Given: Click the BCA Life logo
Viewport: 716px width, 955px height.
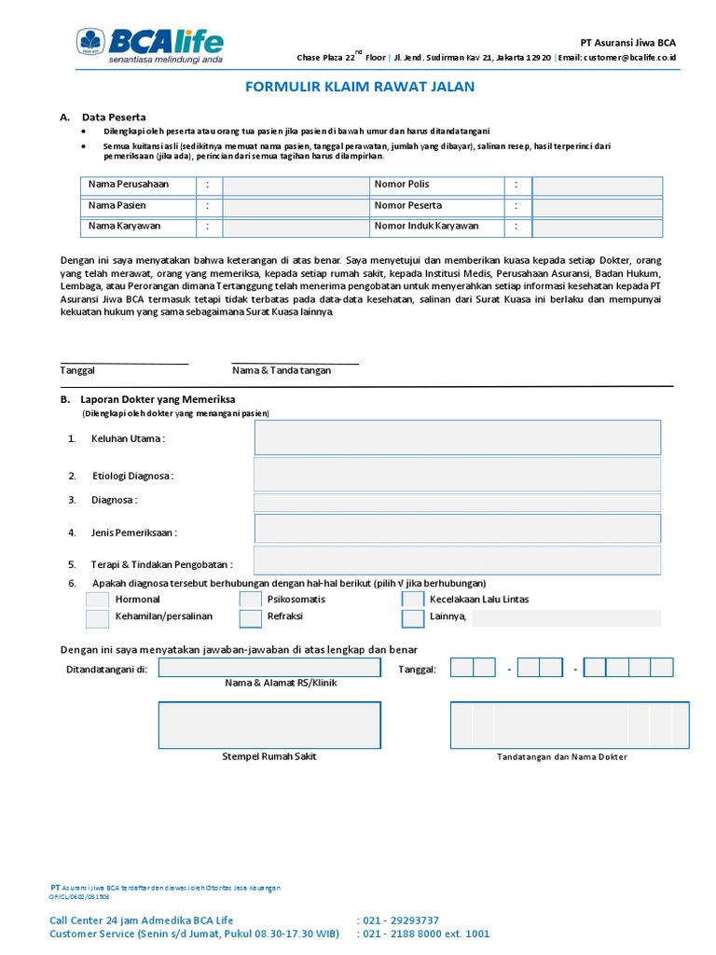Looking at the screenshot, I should coord(150,44).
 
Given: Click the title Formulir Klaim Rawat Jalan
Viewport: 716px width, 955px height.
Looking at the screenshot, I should coord(360,87).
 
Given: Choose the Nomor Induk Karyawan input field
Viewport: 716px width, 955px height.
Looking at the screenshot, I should coord(597,228).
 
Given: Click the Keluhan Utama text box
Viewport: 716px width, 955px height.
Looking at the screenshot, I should coord(458,437).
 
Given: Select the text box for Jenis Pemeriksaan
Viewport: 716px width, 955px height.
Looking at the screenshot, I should coord(458,530).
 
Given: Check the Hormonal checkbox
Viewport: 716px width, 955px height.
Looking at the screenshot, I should coord(98,600).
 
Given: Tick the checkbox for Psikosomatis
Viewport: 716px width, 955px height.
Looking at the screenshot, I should coord(251,600).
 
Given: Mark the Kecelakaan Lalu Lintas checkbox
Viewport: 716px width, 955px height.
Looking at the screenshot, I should coord(413,600).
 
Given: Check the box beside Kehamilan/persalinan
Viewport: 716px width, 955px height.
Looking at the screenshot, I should coord(98,618).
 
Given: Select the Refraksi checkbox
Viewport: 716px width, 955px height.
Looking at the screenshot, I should coord(251,618).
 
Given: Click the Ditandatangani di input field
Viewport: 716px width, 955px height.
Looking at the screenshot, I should coord(269,668).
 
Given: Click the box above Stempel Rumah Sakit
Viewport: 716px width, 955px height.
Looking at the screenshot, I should coord(269,726).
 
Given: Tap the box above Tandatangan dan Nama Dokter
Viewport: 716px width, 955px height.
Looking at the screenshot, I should coord(562,726).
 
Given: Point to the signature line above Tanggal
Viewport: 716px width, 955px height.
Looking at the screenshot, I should coord(124,363).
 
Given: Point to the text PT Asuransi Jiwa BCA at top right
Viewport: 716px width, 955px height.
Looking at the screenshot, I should coord(627,43).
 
